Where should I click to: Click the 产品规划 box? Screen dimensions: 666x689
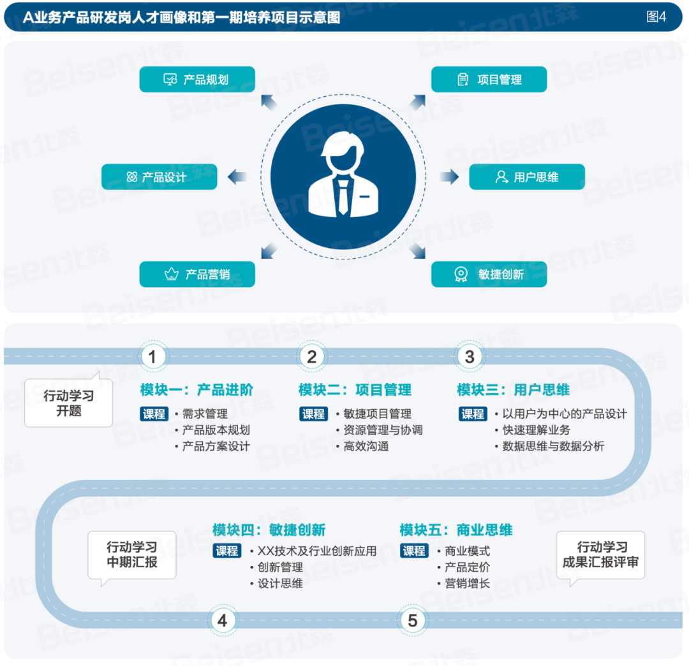[x=197, y=80]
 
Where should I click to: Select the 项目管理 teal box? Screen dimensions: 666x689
[x=489, y=80]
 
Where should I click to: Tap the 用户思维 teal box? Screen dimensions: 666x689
[x=526, y=177]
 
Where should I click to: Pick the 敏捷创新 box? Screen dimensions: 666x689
[x=489, y=274]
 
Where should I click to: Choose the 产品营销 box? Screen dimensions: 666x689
[x=197, y=274]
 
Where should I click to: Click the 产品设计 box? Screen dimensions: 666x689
[x=159, y=177]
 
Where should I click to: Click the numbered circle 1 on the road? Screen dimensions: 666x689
[x=152, y=357]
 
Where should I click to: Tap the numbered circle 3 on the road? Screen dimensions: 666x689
[x=470, y=357]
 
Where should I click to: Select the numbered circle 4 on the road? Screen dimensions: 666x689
[x=222, y=620]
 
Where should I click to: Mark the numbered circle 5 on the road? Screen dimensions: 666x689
[x=412, y=620]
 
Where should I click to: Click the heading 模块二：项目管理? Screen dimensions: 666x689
[x=355, y=390]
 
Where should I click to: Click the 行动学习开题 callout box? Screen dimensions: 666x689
[x=69, y=403]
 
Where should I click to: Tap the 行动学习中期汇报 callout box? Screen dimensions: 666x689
[x=131, y=554]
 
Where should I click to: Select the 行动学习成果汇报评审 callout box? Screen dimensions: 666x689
[x=600, y=554]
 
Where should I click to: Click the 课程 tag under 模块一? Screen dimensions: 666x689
[x=154, y=414]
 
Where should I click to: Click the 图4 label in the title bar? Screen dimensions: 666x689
[x=656, y=17]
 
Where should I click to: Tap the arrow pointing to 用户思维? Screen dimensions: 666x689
[x=450, y=177]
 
